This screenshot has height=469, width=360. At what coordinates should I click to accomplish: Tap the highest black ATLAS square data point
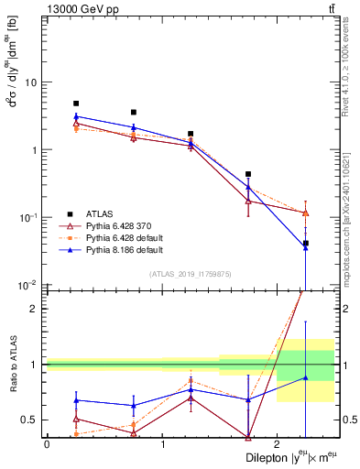click(76, 104)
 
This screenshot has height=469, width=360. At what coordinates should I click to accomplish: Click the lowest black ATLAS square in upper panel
click(305, 244)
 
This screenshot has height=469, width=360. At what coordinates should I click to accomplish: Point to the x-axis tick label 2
click(277, 444)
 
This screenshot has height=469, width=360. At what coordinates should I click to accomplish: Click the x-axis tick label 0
click(47, 444)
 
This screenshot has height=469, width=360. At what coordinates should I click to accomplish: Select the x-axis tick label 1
click(162, 444)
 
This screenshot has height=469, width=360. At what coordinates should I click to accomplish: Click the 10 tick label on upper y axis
click(31, 82)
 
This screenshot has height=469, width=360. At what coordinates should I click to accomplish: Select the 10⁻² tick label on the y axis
click(30, 285)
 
